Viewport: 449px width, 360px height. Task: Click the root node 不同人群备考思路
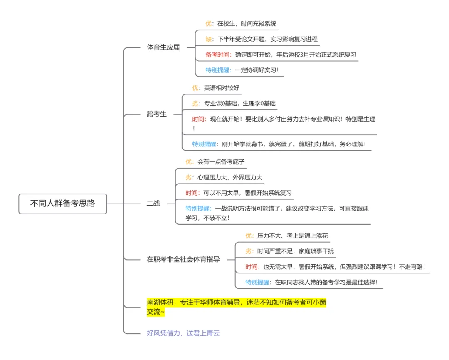(x=63, y=204)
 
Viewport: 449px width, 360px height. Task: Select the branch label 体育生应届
(x=163, y=47)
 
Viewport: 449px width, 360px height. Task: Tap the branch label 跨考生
(x=157, y=114)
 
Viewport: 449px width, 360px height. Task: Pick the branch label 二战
(x=153, y=204)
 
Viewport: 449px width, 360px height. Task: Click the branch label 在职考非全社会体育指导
(x=183, y=259)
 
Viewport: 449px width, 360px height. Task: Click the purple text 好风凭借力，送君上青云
(x=183, y=333)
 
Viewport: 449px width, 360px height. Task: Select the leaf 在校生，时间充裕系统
(x=247, y=24)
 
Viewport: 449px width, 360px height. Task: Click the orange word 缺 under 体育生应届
(x=208, y=39)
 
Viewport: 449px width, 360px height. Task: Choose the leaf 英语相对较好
(x=222, y=88)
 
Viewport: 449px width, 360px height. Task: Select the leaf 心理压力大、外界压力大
(x=229, y=177)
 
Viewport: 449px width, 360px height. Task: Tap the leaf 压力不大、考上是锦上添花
(x=292, y=236)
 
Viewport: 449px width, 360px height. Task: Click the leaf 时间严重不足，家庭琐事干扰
(x=295, y=251)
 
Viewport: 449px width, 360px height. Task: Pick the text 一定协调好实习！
(x=257, y=70)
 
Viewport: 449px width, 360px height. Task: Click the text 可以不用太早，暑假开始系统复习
(x=247, y=193)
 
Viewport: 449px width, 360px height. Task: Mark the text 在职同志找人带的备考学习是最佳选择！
(x=326, y=282)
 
